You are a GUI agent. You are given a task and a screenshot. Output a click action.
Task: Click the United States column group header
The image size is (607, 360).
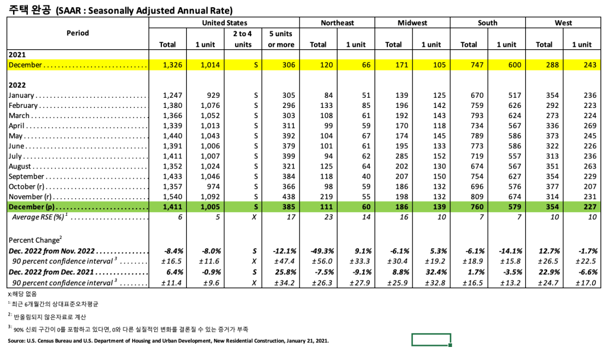[225, 23]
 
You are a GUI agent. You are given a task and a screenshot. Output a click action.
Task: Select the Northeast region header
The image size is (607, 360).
[337, 23]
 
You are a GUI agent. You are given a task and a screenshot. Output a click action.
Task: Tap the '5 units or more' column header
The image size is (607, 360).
[281, 39]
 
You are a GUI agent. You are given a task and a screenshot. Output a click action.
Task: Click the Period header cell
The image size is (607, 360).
[78, 33]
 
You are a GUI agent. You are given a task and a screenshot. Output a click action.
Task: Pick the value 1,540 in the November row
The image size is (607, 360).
[168, 197]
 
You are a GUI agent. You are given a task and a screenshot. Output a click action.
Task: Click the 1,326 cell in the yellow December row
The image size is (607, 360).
[168, 65]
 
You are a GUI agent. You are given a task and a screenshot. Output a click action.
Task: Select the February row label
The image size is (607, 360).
[23, 106]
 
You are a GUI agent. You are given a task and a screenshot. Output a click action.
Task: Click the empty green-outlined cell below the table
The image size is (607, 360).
[431, 340]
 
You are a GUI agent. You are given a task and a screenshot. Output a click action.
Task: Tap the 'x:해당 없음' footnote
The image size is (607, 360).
[22, 294]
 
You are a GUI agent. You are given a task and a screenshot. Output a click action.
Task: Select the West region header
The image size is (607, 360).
[563, 23]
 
